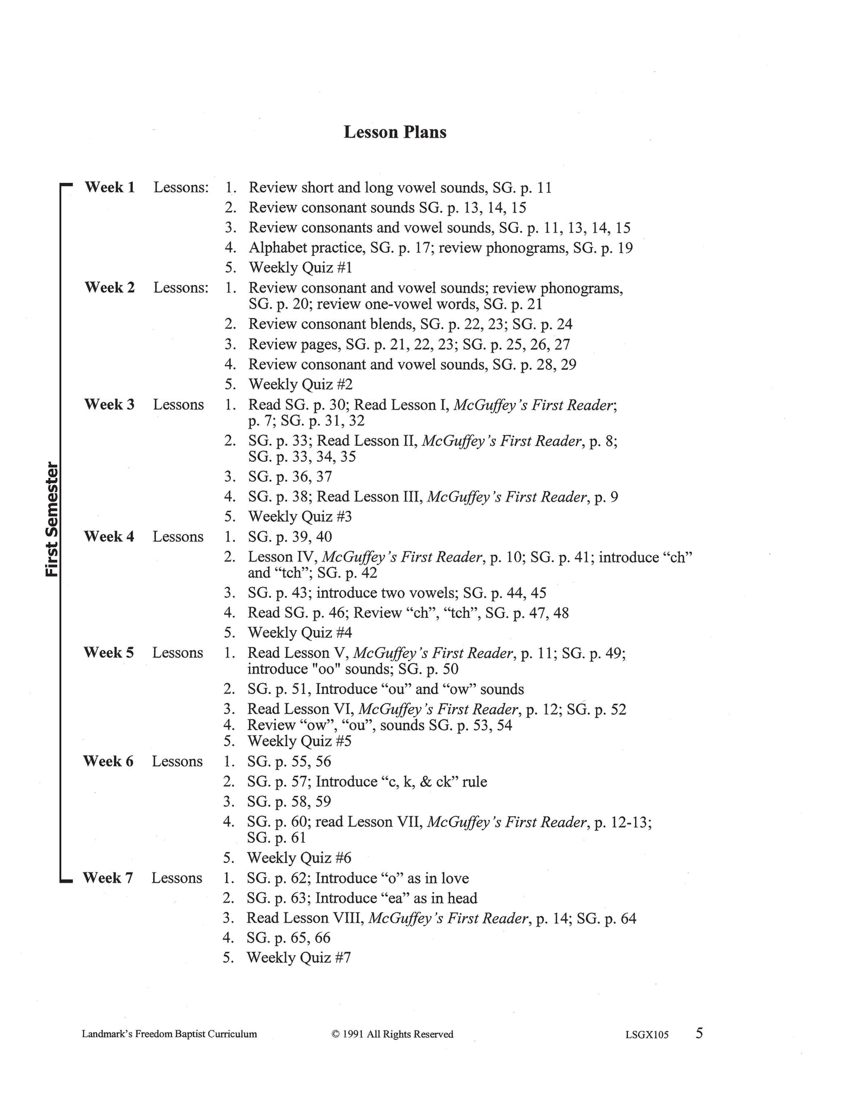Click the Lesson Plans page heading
pos(395,132)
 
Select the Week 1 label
pos(110,188)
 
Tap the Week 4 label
pos(109,537)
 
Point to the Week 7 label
pos(108,878)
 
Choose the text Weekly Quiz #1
pos(300,268)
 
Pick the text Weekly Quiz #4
pos(300,633)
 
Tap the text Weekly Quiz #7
pos(298,957)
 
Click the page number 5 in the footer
pos(699,1033)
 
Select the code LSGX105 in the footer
pos(646,1035)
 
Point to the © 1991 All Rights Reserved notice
pos(393,1034)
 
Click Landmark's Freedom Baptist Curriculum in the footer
pos(170,1034)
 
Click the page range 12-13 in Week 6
pos(629,822)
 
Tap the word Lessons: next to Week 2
pos(181,288)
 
